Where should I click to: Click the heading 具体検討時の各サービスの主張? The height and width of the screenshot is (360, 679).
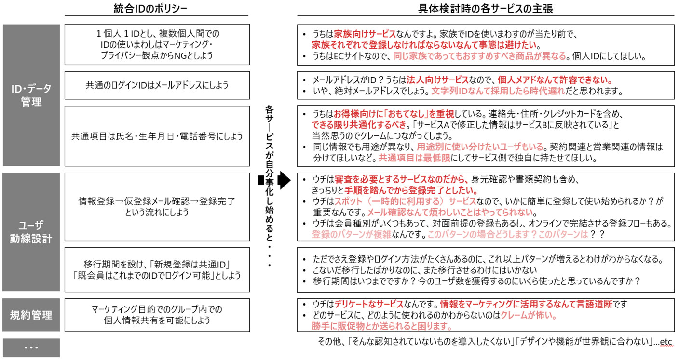pos(485,9)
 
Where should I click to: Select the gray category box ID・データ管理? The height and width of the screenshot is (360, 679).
pos(31,95)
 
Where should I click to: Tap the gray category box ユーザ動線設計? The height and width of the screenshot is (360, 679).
pos(31,231)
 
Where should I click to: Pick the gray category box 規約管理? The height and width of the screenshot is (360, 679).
pos(31,315)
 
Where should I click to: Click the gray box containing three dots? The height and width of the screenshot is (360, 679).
pos(31,347)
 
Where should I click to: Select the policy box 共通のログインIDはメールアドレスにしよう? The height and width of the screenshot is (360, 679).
pos(157,85)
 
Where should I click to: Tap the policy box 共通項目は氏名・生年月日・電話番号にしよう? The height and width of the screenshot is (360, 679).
pos(157,136)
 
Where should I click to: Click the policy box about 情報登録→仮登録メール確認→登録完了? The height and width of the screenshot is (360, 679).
pos(157,206)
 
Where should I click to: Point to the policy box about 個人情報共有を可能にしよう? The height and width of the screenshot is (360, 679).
pos(157,315)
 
